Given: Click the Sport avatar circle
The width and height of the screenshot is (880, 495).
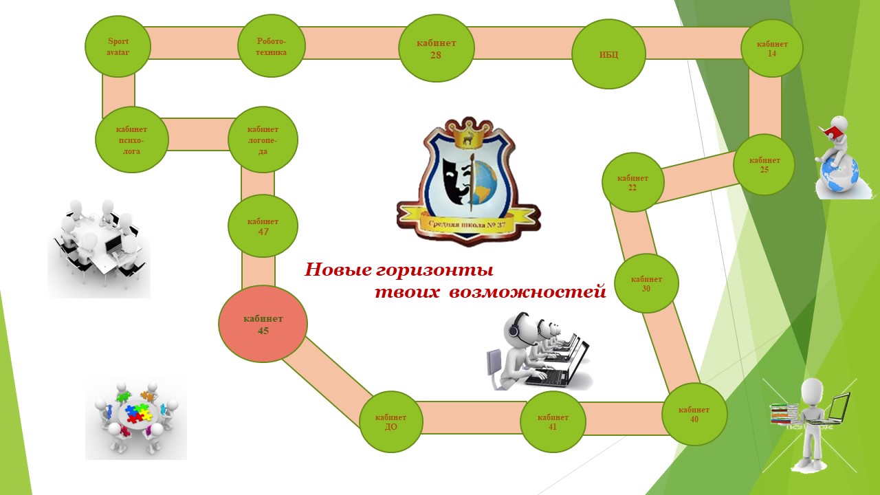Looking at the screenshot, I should pyautogui.click(x=118, y=46).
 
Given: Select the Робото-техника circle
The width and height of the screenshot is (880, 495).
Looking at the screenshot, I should pyautogui.click(x=271, y=47).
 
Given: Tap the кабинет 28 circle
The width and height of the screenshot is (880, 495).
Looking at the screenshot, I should pyautogui.click(x=436, y=49).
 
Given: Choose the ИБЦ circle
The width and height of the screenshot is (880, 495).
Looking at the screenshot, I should pyautogui.click(x=608, y=54).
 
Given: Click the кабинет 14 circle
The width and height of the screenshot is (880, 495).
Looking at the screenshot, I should pyautogui.click(x=772, y=48).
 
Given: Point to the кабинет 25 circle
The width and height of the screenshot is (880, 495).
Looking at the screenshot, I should pyautogui.click(x=764, y=165).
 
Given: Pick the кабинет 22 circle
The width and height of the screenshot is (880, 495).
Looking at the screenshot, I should pyautogui.click(x=632, y=182).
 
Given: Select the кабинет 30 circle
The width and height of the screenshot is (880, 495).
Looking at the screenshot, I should pyautogui.click(x=646, y=283).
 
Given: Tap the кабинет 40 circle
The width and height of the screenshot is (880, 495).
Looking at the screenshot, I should pyautogui.click(x=694, y=414).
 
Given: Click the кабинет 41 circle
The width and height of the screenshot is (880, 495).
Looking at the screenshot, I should pyautogui.click(x=553, y=421).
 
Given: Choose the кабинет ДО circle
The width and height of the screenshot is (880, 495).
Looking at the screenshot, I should pyautogui.click(x=390, y=421).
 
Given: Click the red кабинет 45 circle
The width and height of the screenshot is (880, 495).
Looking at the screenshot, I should pyautogui.click(x=263, y=324).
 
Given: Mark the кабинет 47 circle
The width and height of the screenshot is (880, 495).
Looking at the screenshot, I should pyautogui.click(x=263, y=226).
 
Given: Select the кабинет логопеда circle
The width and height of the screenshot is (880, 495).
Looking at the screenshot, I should pyautogui.click(x=263, y=140).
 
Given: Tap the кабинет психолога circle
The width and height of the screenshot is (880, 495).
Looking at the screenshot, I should pyautogui.click(x=131, y=140).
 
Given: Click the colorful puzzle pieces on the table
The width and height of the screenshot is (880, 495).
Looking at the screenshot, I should pyautogui.click(x=135, y=412).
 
